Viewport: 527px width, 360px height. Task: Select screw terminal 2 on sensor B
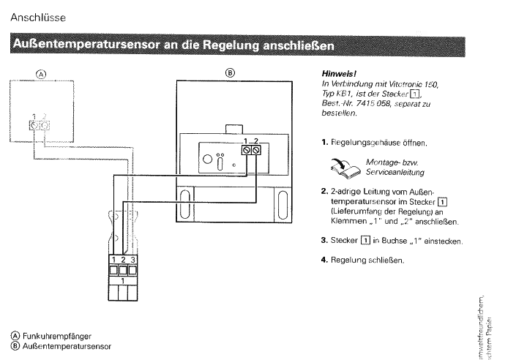pyautogui.click(x=257, y=151)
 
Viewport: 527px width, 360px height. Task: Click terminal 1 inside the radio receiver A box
pyautogui.click(x=34, y=125)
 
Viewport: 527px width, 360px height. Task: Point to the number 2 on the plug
pyautogui.click(x=124, y=260)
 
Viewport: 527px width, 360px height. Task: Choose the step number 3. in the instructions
pyautogui.click(x=324, y=241)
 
